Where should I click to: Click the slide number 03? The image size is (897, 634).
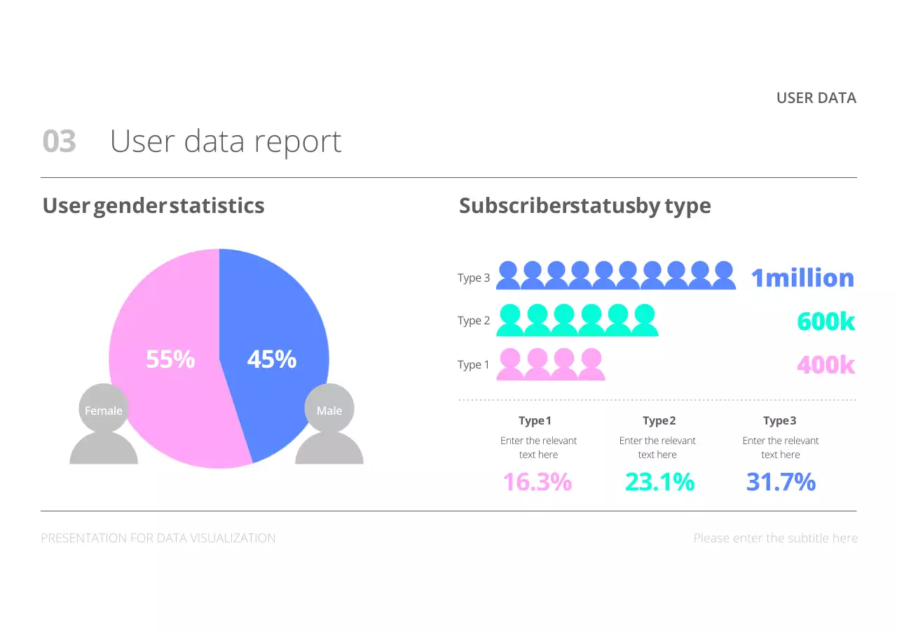pyautogui.click(x=59, y=142)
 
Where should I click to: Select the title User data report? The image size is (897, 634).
pyautogui.click(x=226, y=142)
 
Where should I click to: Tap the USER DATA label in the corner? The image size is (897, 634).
pyautogui.click(x=816, y=98)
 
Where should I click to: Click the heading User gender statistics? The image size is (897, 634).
pyautogui.click(x=153, y=206)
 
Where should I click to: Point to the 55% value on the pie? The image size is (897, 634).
pyautogui.click(x=170, y=359)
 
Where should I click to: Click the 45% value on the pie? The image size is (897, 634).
pyautogui.click(x=272, y=359)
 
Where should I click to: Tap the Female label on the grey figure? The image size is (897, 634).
pyautogui.click(x=104, y=411)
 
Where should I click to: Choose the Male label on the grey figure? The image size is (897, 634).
pyautogui.click(x=329, y=411)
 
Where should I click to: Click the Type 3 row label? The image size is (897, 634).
pyautogui.click(x=474, y=278)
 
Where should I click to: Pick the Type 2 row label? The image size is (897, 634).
pyautogui.click(x=474, y=321)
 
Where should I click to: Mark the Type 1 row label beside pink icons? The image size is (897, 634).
pyautogui.click(x=474, y=365)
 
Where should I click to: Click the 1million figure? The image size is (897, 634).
pyautogui.click(x=802, y=278)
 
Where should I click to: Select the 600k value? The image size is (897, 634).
pyautogui.click(x=826, y=322)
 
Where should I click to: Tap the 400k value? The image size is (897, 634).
pyautogui.click(x=826, y=364)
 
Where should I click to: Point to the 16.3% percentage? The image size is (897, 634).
pyautogui.click(x=537, y=482)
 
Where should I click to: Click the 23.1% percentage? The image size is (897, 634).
pyautogui.click(x=659, y=482)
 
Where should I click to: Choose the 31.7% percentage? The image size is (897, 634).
pyautogui.click(x=781, y=482)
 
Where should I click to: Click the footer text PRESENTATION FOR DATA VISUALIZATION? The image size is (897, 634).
pyautogui.click(x=158, y=538)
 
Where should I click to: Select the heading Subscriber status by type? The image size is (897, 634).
pyautogui.click(x=585, y=206)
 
